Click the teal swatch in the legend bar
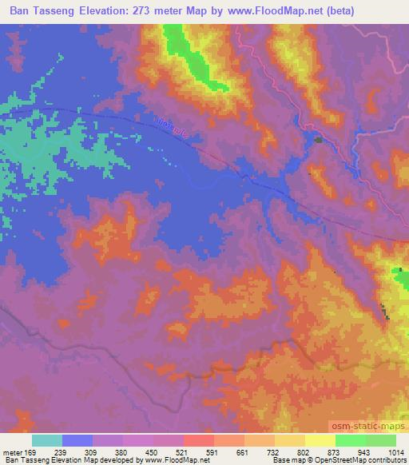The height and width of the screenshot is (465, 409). (47, 440)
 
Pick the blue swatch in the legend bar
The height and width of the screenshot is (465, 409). (77, 440)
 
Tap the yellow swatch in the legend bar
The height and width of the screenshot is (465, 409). (320, 440)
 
